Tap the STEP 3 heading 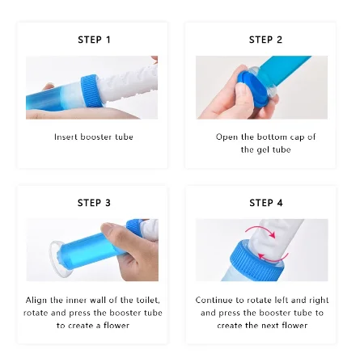pos(87,200)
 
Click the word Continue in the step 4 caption pos(222,318)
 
